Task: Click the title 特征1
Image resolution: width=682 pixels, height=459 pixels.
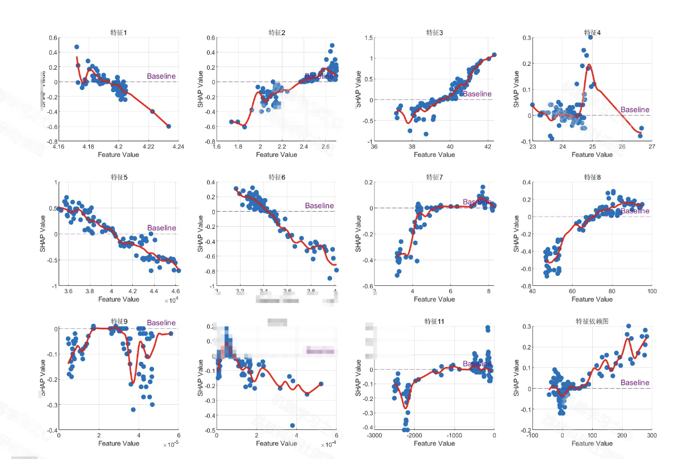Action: pyautogui.click(x=118, y=32)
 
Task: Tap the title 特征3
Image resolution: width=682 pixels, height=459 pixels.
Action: pyautogui.click(x=434, y=32)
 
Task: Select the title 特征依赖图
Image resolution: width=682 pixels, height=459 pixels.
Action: pyautogui.click(x=592, y=322)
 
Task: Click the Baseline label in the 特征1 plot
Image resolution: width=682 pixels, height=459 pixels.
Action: pyautogui.click(x=161, y=76)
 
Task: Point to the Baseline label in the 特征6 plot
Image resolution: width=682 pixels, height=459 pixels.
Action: pyautogui.click(x=319, y=205)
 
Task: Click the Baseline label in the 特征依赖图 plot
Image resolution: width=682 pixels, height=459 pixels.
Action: pyautogui.click(x=635, y=382)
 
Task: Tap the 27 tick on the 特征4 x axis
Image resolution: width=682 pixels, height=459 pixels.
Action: pyautogui.click(x=651, y=147)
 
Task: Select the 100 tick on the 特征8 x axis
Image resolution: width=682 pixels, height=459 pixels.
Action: pyautogui.click(x=651, y=291)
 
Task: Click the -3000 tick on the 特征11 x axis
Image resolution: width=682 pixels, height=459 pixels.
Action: pyautogui.click(x=374, y=436)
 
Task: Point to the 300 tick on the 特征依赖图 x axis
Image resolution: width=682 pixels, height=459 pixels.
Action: pyautogui.click(x=651, y=436)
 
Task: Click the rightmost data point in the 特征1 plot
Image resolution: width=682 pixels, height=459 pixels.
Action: pyautogui.click(x=169, y=126)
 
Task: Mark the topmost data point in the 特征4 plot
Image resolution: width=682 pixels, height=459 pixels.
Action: pyautogui.click(x=590, y=37)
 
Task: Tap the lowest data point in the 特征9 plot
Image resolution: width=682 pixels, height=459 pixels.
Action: pyautogui.click(x=133, y=409)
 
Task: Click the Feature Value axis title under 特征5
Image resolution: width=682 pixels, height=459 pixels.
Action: pyautogui.click(x=118, y=299)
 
